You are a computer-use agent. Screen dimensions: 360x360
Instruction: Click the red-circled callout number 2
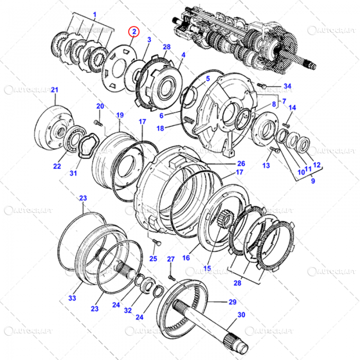point(134,32)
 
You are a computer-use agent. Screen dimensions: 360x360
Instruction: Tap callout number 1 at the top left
point(94,14)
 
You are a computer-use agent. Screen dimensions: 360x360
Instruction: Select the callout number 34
point(287,86)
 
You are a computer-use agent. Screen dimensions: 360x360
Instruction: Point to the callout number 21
point(54,91)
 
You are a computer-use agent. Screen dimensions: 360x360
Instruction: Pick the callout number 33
point(72,298)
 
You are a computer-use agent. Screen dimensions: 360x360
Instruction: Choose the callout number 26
point(241,164)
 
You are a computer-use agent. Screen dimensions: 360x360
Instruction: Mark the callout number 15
point(207,268)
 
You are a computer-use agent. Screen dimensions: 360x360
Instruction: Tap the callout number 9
point(313,181)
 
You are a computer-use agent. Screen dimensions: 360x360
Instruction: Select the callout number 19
point(119,115)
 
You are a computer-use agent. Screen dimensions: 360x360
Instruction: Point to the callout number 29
point(232,301)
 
